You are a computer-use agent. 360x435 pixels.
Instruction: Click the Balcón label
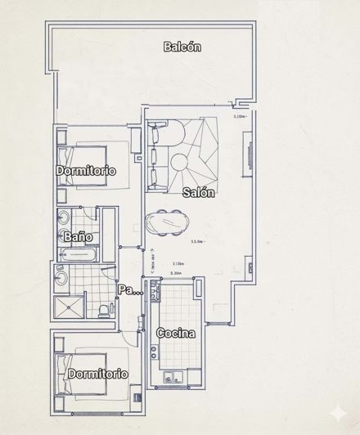[x=182, y=47]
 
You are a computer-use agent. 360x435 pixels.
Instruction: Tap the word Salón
[x=199, y=194]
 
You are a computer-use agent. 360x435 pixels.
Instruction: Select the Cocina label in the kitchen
[x=175, y=334]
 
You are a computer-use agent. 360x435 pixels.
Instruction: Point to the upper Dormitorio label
[x=86, y=171]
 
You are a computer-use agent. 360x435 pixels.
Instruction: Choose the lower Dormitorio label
[x=97, y=373]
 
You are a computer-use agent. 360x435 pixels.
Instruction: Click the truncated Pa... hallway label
[x=127, y=290]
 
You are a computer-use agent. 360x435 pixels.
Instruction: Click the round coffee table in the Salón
[x=182, y=163]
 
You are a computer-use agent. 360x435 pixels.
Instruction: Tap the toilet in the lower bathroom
[x=102, y=308]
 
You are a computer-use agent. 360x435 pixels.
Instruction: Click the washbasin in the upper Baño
[x=63, y=218]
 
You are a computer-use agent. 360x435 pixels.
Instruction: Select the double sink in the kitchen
[x=174, y=376]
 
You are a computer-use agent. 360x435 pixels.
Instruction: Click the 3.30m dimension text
[x=174, y=276]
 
